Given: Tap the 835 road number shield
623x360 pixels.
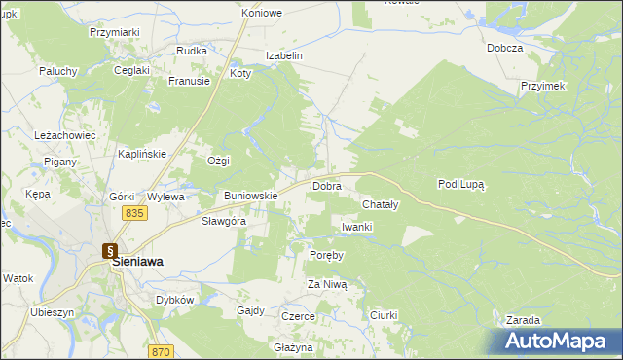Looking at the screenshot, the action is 134,213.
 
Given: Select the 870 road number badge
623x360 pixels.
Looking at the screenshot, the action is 162,351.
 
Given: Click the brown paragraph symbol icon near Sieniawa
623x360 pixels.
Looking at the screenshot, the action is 110,249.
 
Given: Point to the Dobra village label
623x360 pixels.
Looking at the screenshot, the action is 325,185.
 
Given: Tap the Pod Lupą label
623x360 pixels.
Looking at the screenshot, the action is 460,183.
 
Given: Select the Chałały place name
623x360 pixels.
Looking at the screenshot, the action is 380,205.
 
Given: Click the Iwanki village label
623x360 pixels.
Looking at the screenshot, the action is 357,227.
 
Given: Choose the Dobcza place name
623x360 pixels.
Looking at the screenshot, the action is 505,48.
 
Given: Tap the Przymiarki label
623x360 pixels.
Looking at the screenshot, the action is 115,32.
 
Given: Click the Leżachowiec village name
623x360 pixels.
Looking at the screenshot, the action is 64,135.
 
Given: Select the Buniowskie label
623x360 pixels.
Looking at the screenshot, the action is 251,196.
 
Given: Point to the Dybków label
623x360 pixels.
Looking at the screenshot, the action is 175,300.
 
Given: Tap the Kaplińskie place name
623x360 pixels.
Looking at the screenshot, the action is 143,154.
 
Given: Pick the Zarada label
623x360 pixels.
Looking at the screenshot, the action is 523,320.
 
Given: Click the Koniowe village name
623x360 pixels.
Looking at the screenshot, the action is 262,14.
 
